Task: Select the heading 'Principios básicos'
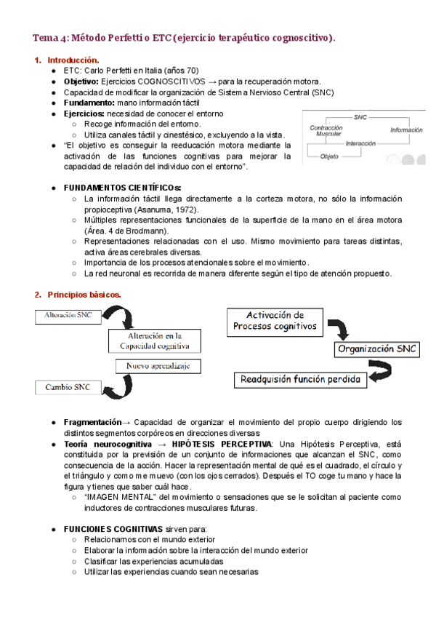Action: (84, 294)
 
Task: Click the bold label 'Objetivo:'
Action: (81, 81)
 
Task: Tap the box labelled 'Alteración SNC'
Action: (68, 315)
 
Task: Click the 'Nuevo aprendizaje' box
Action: (158, 367)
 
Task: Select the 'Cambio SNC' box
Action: (68, 387)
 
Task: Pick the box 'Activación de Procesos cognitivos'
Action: (275, 321)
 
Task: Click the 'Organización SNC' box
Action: (376, 349)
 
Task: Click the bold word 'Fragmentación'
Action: (92, 422)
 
